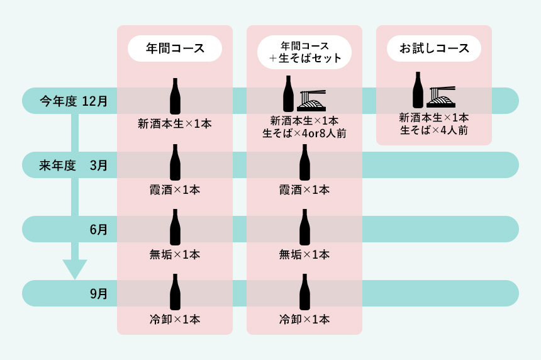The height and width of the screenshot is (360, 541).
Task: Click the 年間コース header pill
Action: point(175,48)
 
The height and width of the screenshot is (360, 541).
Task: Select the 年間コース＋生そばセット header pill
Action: point(304,52)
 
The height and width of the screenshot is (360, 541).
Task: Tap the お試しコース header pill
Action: point(434,48)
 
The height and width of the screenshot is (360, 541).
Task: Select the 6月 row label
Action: point(99,230)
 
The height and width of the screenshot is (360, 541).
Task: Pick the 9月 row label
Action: point(99,293)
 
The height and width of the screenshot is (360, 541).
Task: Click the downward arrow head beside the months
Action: point(74,269)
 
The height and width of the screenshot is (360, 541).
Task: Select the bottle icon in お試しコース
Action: point(418,89)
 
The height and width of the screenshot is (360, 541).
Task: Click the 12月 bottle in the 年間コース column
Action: point(175,96)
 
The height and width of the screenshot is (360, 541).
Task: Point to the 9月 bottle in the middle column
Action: point(304,291)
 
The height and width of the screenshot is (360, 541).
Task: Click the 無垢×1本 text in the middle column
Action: point(304,255)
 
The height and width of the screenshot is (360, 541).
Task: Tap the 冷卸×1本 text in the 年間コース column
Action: point(175,320)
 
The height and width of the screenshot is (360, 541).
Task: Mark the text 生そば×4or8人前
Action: point(304,133)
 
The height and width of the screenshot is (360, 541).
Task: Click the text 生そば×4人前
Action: point(434,130)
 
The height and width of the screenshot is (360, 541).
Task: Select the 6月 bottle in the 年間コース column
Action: point(175,227)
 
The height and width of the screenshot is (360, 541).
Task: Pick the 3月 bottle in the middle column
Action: point(304,162)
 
